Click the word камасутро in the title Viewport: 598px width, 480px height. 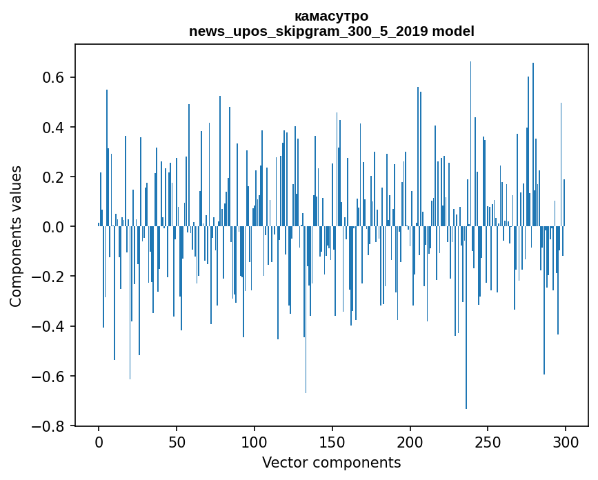click(x=331, y=16)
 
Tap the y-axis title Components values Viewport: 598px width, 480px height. click(x=16, y=236)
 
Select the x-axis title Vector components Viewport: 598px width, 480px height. click(x=331, y=462)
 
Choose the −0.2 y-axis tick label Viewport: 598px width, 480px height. click(x=48, y=277)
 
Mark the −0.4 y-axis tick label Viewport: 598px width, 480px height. click(x=48, y=326)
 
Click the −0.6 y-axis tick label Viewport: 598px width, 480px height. click(x=48, y=377)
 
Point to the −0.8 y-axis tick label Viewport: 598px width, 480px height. click(x=48, y=426)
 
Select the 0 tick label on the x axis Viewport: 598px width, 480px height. click(x=99, y=441)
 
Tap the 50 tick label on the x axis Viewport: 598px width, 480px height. click(x=177, y=441)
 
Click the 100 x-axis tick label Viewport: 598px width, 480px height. click(x=255, y=441)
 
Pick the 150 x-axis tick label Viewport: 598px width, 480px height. click(x=332, y=441)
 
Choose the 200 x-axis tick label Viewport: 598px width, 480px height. click(x=410, y=441)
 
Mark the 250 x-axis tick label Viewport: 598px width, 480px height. click(x=488, y=441)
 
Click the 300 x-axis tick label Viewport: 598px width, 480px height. click(x=566, y=441)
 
